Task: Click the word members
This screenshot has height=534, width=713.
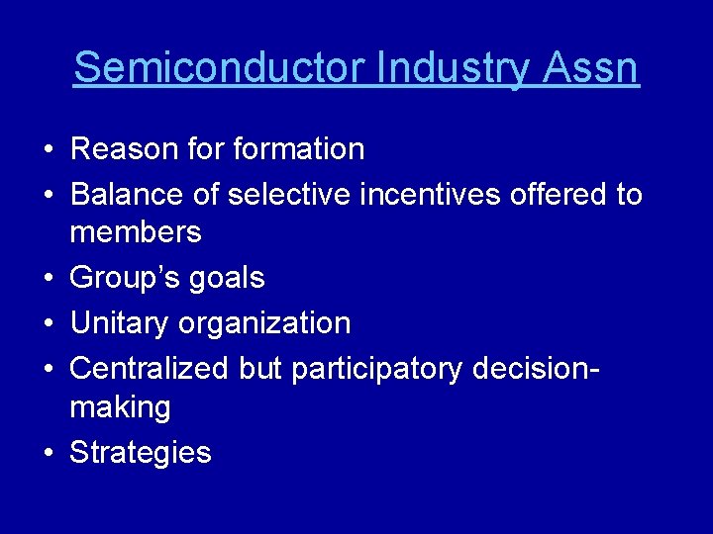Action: [x=136, y=233]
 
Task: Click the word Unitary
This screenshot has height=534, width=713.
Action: [x=119, y=323]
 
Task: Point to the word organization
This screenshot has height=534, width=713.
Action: [x=264, y=324]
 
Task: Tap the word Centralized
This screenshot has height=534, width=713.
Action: [x=150, y=368]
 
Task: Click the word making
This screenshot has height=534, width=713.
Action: [x=120, y=407]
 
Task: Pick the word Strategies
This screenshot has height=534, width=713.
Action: [x=141, y=453]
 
